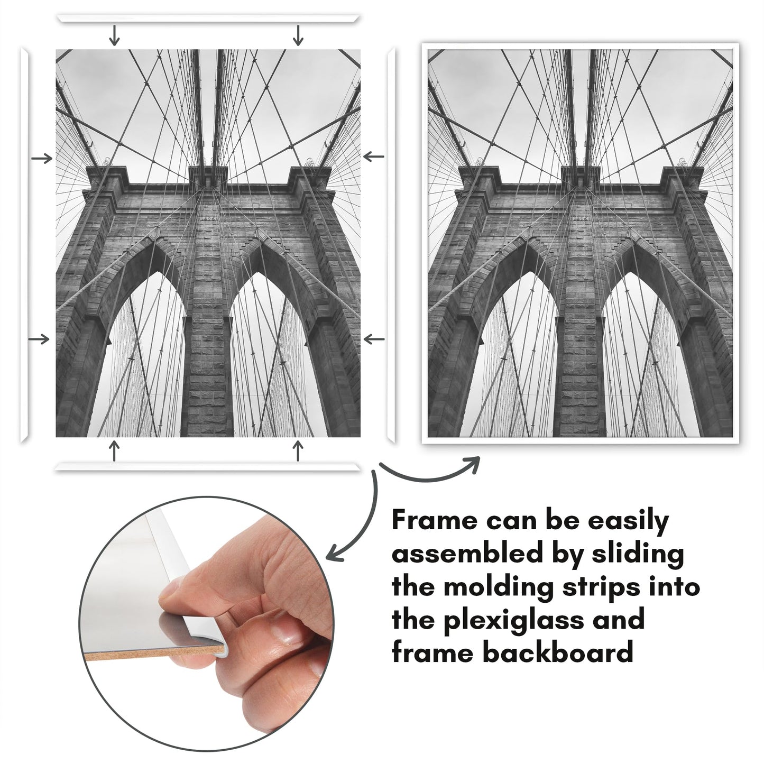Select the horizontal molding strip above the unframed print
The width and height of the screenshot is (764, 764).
[208, 19]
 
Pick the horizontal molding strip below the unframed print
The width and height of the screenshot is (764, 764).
[208, 467]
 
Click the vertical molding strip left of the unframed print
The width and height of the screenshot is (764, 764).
[24, 245]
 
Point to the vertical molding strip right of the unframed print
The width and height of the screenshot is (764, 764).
[391, 245]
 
